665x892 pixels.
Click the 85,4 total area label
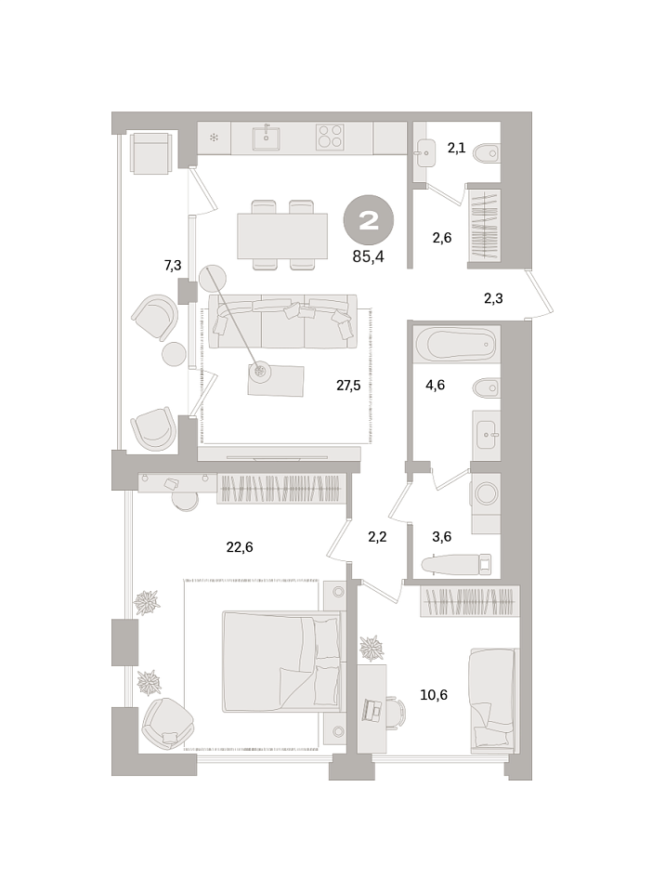pyautogui.click(x=368, y=256)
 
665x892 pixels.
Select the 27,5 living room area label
pyautogui.click(x=348, y=386)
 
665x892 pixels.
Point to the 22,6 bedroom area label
pyautogui.click(x=240, y=547)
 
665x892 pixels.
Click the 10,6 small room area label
pyautogui.click(x=434, y=695)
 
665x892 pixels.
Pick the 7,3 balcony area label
pyautogui.click(x=173, y=265)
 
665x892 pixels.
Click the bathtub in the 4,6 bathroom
pyautogui.click(x=456, y=345)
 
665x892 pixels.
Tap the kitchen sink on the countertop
pyautogui.click(x=267, y=138)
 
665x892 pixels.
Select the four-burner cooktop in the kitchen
pyautogui.click(x=330, y=138)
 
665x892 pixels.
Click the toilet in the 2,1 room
pyautogui.click(x=487, y=153)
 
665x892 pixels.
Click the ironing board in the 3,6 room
pyautogui.click(x=456, y=564)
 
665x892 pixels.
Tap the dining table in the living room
pyautogui.click(x=282, y=235)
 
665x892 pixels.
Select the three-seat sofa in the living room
pyautogui.click(x=282, y=321)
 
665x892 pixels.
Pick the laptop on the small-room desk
pyautogui.click(x=373, y=709)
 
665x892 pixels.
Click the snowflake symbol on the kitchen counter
pyautogui.click(x=214, y=138)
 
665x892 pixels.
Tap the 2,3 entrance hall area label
pyautogui.click(x=493, y=298)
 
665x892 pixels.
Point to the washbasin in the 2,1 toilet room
pyautogui.click(x=425, y=153)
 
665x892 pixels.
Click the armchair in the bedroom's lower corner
pyautogui.click(x=168, y=722)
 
